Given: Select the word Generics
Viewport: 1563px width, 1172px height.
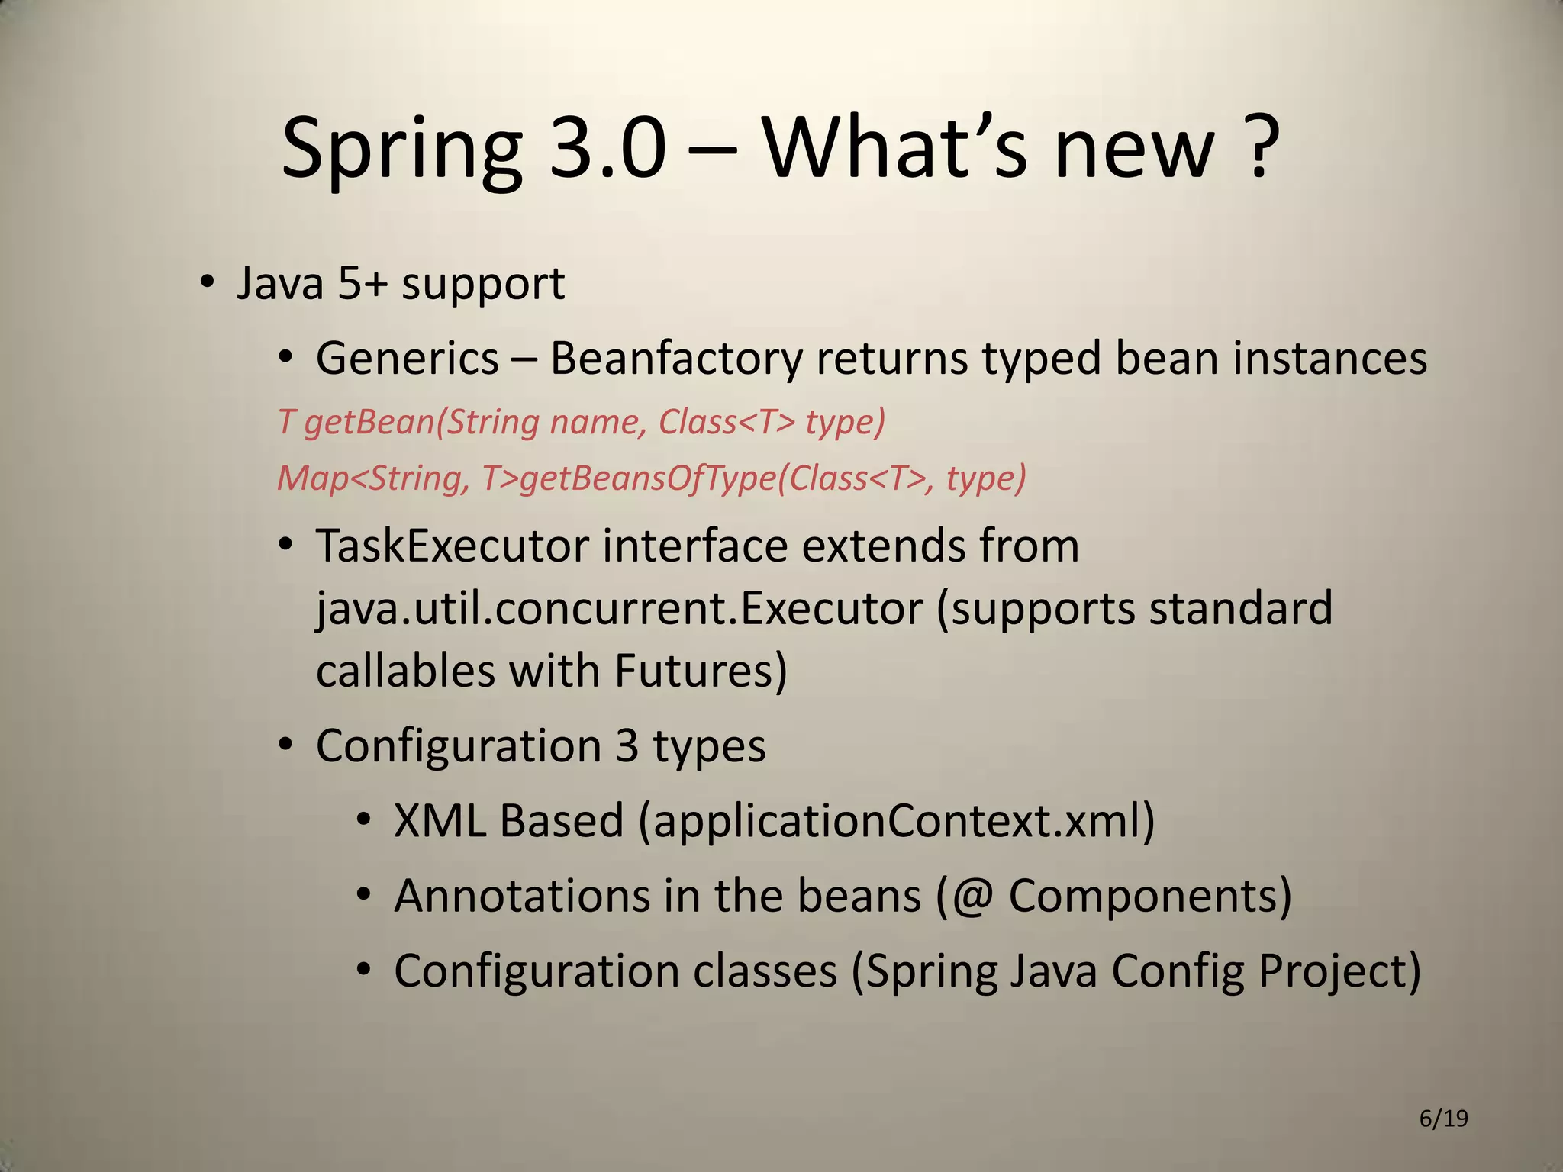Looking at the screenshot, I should (x=408, y=358).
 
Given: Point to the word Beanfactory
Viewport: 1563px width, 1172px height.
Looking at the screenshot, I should (x=676, y=358).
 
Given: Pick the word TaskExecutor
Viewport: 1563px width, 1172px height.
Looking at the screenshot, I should (x=453, y=546).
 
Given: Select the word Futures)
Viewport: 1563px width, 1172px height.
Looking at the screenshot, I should (x=700, y=671).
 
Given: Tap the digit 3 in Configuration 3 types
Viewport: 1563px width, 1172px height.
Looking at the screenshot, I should (x=627, y=745).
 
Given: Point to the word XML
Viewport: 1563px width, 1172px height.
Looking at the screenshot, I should (x=440, y=820).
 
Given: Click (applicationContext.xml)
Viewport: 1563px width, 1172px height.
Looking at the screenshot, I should (x=898, y=821).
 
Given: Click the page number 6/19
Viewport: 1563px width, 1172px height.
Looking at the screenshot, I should (x=1443, y=1119).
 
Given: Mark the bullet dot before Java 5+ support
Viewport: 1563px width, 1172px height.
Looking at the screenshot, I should (x=206, y=284).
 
